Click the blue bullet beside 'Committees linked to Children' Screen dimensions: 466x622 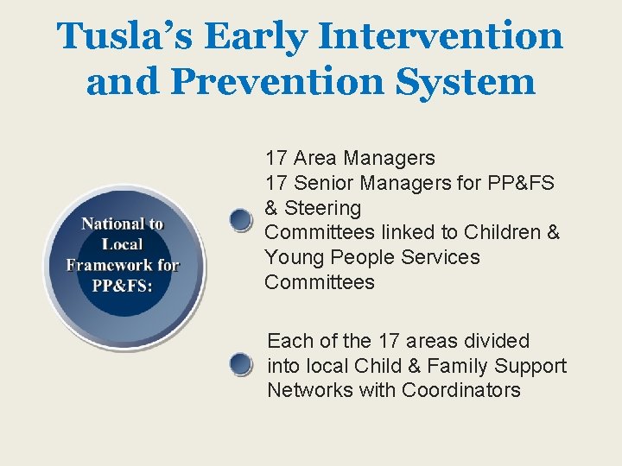(241, 221)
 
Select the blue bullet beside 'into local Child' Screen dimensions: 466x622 (241, 366)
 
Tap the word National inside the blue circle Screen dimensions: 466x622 (111, 224)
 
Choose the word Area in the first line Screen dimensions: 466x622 (315, 158)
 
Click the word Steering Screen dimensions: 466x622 (322, 208)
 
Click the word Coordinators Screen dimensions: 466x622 (460, 390)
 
